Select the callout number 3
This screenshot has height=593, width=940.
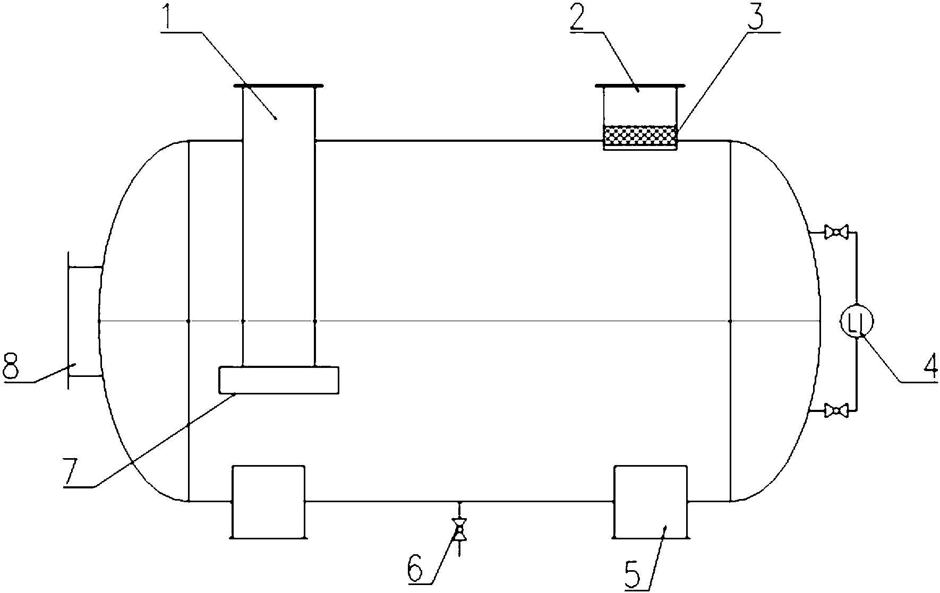tap(757, 18)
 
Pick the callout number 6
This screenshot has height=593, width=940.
tap(415, 569)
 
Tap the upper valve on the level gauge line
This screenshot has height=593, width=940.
tap(836, 232)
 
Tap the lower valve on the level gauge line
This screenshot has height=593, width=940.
tap(836, 410)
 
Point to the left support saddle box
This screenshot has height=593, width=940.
tap(269, 502)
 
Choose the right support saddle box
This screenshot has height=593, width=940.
tap(650, 502)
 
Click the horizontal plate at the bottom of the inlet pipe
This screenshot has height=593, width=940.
tap(279, 380)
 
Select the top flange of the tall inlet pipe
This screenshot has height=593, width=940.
tap(278, 85)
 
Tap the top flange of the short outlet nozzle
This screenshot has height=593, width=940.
tap(640, 85)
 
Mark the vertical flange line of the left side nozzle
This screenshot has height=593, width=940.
tap(69, 320)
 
